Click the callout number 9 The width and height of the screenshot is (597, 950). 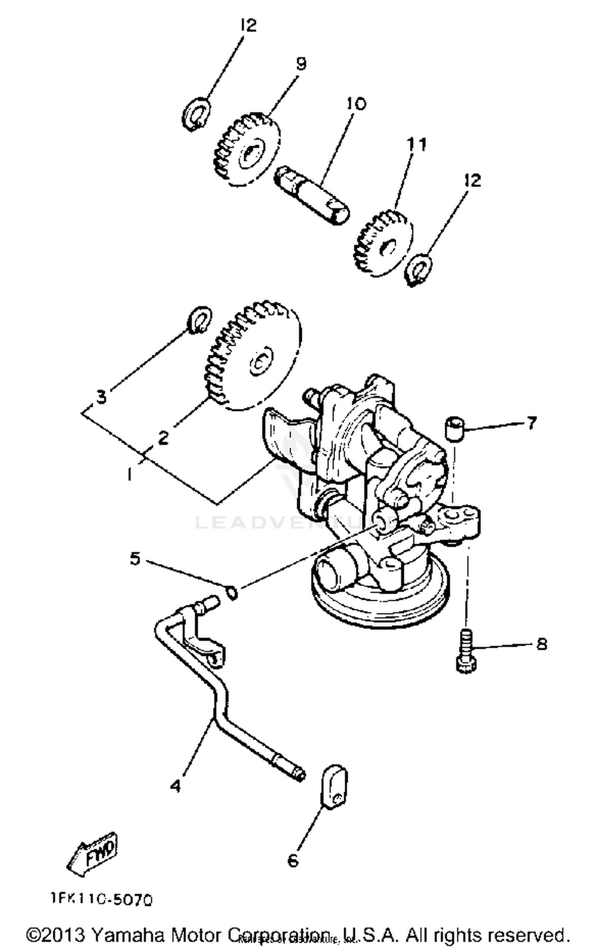301,63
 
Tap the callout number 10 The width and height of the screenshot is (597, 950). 355,104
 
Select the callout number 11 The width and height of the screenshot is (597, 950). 416,144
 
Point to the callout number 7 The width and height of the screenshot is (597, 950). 532,423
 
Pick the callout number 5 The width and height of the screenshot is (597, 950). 135,558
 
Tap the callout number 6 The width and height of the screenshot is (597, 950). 293,861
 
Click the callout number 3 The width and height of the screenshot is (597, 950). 102,396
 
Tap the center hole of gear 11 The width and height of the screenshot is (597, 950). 388,249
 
